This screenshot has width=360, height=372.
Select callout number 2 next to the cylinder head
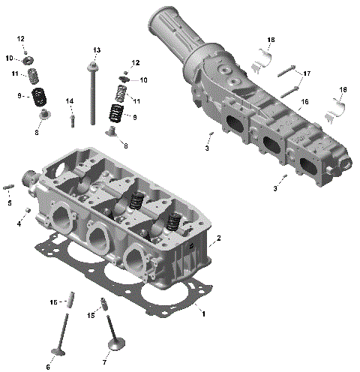[218, 238]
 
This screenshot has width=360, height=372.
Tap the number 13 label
[96, 49]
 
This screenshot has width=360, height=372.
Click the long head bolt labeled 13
[92, 97]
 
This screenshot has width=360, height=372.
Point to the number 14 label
[70, 101]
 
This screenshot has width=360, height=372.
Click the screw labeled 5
[10, 187]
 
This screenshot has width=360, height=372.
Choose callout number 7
[104, 362]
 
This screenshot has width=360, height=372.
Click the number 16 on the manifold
[304, 101]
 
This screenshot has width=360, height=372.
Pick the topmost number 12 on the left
[21, 38]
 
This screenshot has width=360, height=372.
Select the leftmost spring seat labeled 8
[44, 115]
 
